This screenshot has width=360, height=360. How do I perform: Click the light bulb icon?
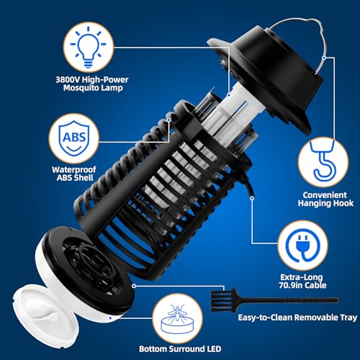tap(89, 47)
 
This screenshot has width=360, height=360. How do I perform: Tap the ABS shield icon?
tap(74, 138)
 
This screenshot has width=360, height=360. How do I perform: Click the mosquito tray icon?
tap(177, 320)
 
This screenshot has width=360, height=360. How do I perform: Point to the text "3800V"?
tap(68, 79)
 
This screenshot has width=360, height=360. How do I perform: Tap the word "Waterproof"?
tap(74, 170)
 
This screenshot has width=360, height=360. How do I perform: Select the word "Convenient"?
tap(325, 195)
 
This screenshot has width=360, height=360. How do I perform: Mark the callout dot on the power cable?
tap(252, 198)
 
